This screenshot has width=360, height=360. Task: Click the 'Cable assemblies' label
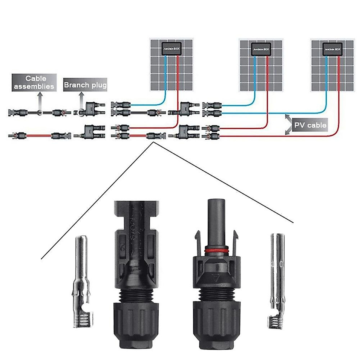(34, 82)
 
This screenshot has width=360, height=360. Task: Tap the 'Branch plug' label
(85, 85)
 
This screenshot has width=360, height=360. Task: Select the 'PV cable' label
(310, 125)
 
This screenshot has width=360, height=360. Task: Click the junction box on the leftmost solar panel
(171, 48)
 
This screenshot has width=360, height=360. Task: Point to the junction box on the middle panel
(260, 48)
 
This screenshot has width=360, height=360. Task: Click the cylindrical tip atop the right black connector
(215, 213)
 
